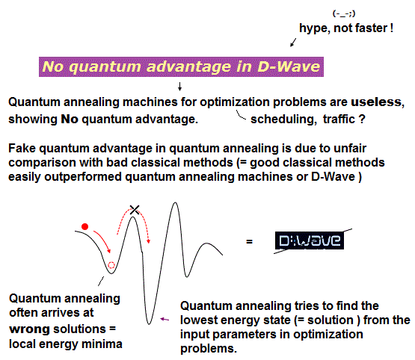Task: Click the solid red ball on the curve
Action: coord(84,227)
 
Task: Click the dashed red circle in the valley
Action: coord(111,265)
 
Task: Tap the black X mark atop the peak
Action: coord(135,210)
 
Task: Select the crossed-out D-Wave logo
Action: coord(310,240)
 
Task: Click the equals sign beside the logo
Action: coord(249,241)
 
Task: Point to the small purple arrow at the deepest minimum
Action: coord(165,320)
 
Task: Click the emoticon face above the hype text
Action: coord(344,13)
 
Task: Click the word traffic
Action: coord(339,119)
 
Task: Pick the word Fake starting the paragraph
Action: coord(22,148)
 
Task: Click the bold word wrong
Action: coord(29,329)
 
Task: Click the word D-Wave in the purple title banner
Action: coord(289,66)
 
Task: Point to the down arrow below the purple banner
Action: coord(179,87)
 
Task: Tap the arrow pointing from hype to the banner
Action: coord(293,43)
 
